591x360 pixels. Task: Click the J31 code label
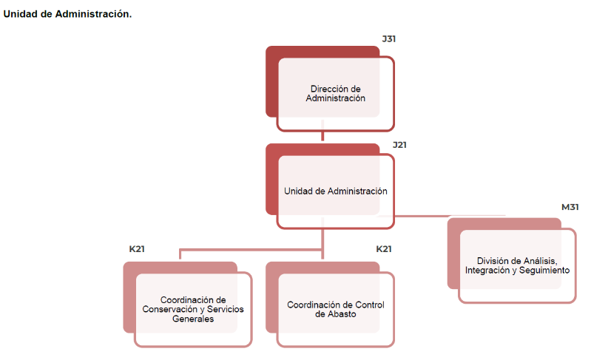coord(388,38)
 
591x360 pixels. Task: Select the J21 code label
coord(399,145)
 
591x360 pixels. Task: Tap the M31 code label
coord(570,207)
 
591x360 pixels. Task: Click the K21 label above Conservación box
coord(137,249)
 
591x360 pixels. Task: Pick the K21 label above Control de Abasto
coord(384,249)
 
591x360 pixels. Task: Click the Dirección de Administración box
coord(330,89)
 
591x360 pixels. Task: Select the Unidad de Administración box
coord(330,186)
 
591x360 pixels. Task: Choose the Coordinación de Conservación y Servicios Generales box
coord(188,305)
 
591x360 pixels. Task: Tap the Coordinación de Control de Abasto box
coord(330,305)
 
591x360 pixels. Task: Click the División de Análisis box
coord(512,261)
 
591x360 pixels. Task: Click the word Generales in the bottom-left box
coord(193,319)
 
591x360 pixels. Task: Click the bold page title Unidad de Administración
coord(67,14)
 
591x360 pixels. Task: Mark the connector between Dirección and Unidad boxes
coord(322,131)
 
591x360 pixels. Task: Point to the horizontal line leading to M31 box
coord(441,216)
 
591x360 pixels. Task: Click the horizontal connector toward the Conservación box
coord(251,249)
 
